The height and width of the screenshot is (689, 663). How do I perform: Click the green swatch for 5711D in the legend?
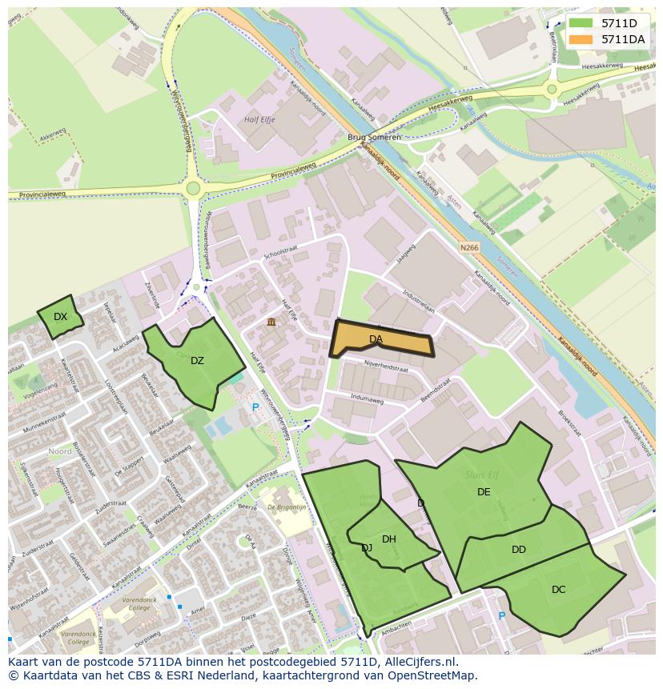point(581,23)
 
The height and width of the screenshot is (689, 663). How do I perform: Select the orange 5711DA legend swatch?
point(581,39)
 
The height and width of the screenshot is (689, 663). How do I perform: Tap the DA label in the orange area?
point(376,339)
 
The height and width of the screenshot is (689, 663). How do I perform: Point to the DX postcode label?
point(60,317)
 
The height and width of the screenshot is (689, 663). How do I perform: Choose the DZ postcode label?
point(197,361)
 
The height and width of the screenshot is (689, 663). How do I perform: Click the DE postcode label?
point(484,492)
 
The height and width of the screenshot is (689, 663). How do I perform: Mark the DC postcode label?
point(558,590)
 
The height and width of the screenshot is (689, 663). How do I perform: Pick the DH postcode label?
point(389,539)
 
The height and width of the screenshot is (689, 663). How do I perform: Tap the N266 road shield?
point(469,248)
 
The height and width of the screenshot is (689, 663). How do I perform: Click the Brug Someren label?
point(374,138)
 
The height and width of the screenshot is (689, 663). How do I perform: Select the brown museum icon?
point(271,322)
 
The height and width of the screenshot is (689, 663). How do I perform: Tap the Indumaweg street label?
point(368,396)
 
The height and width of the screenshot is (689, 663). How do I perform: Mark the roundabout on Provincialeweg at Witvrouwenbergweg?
point(192,189)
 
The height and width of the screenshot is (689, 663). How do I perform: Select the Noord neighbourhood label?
point(60,451)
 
